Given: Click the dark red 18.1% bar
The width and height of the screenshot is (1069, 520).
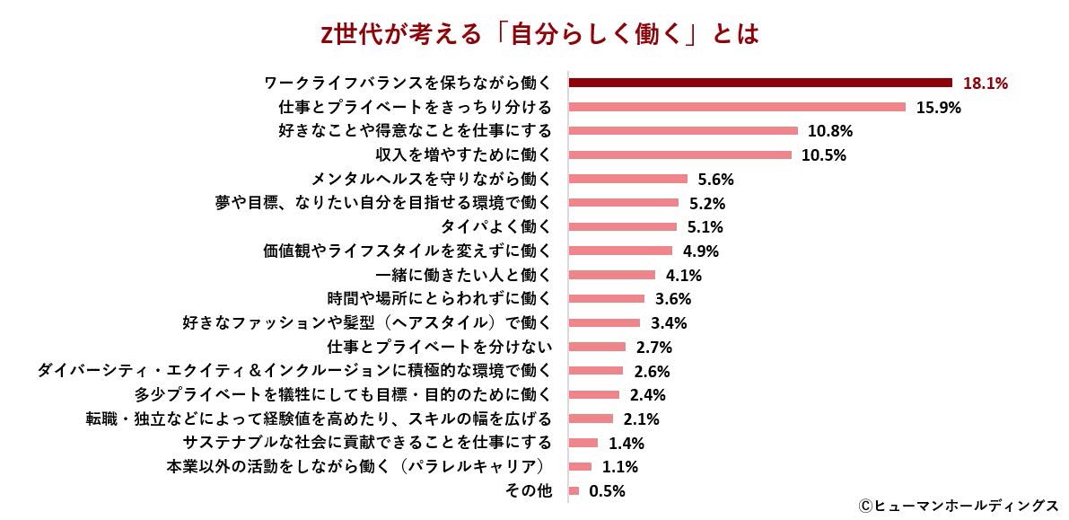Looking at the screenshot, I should click(x=761, y=83).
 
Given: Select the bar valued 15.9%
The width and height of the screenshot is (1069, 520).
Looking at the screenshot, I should click(x=738, y=107).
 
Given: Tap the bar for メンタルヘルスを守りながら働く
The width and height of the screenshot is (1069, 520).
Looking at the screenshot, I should click(x=628, y=179).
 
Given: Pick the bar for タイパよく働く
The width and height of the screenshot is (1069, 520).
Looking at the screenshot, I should click(x=623, y=226).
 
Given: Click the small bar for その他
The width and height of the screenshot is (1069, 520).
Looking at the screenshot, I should click(x=574, y=490).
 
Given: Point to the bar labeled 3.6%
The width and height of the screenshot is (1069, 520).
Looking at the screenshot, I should click(x=607, y=298).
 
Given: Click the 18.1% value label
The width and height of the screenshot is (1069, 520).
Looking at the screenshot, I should click(x=986, y=84).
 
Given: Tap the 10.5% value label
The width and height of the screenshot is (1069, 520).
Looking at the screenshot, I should click(x=824, y=155).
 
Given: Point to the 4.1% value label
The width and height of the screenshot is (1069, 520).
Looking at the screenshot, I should click(x=684, y=275).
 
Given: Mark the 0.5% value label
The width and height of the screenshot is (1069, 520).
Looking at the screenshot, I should click(x=608, y=491).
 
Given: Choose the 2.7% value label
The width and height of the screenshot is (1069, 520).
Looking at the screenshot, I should click(x=654, y=347).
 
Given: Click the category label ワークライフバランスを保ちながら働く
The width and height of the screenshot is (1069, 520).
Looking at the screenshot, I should click(x=407, y=84).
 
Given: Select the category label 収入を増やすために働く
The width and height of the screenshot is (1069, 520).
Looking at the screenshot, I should click(x=463, y=154).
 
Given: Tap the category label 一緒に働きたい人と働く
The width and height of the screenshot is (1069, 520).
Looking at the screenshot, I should click(x=461, y=275).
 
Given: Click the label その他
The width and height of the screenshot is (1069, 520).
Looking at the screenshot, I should click(x=530, y=490).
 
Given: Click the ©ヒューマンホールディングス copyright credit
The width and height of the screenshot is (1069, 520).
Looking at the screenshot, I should click(x=958, y=506).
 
